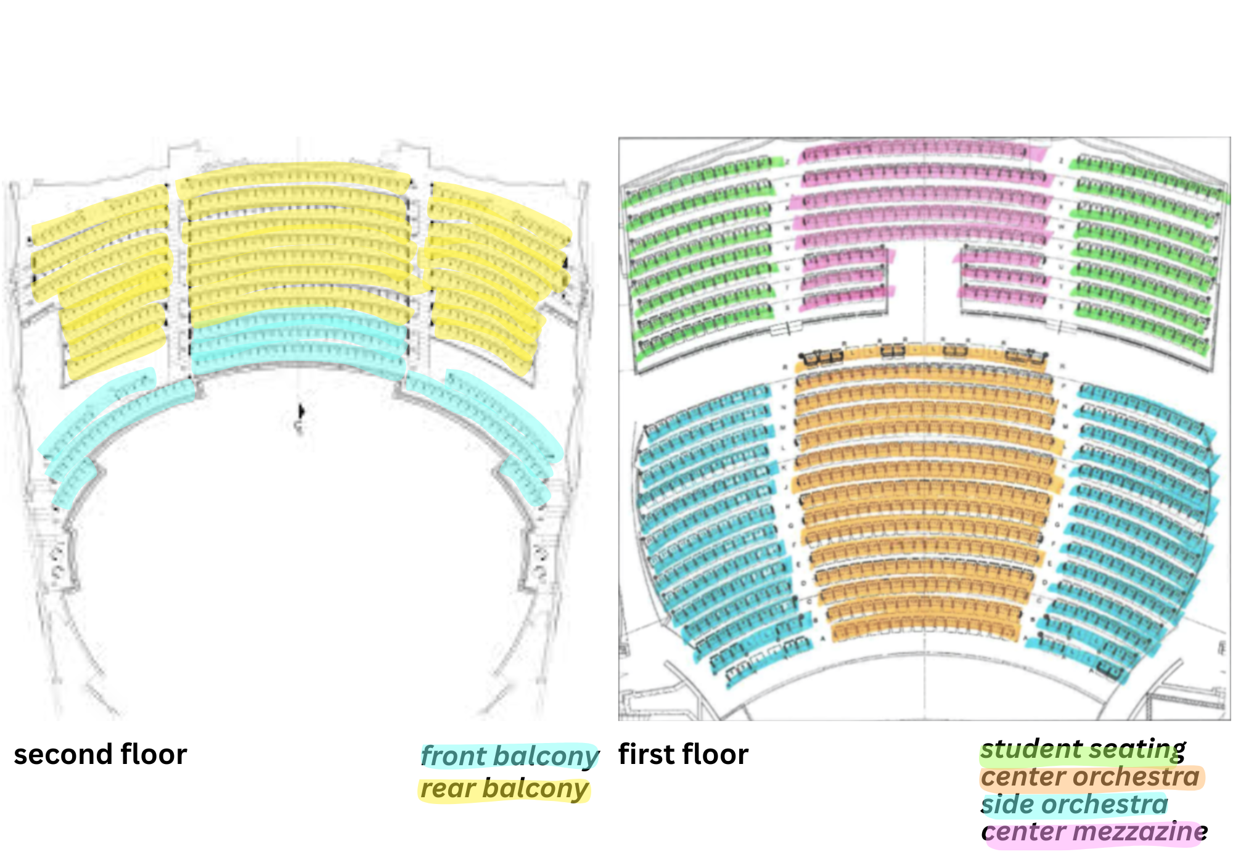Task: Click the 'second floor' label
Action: (x=100, y=755)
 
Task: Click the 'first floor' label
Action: (x=683, y=755)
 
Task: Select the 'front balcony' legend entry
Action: (x=509, y=756)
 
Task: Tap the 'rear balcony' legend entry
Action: (x=504, y=789)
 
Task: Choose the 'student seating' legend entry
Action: (x=1083, y=750)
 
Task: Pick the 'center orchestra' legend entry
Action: (x=1090, y=777)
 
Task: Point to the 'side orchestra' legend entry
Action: (x=1074, y=805)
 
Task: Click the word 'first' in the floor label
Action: (x=644, y=755)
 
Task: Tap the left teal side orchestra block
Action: (x=715, y=524)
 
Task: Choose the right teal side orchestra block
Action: (x=1134, y=524)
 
